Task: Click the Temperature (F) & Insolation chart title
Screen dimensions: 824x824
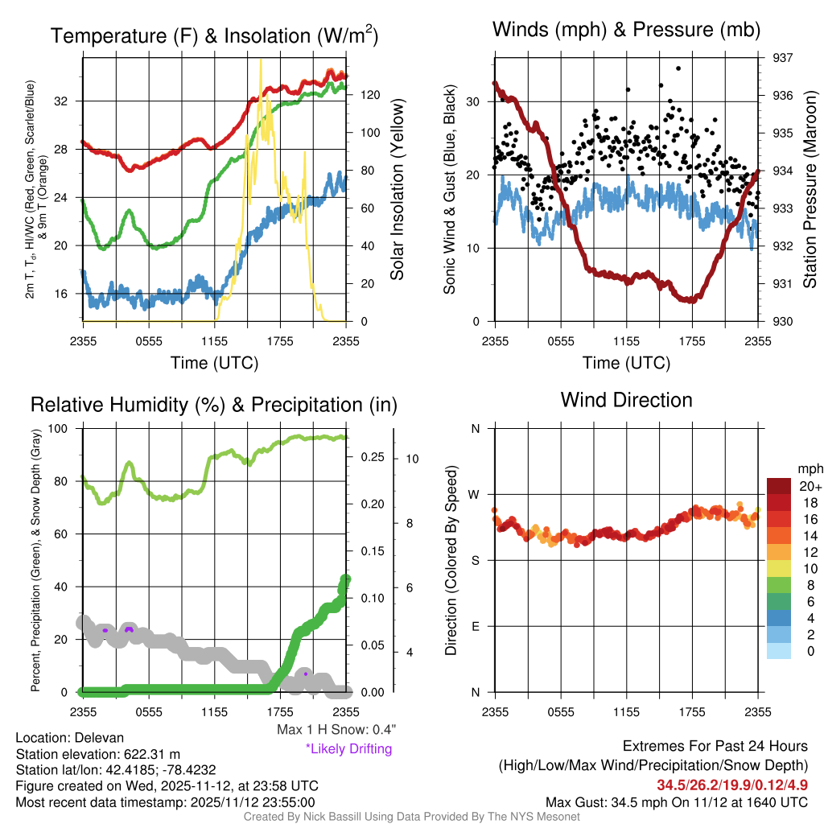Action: pyautogui.click(x=214, y=35)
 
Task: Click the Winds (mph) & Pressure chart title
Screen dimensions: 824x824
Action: pyautogui.click(x=627, y=31)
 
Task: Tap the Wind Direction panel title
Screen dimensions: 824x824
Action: pyautogui.click(x=626, y=400)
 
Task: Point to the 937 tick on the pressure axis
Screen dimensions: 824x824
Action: pyautogui.click(x=783, y=58)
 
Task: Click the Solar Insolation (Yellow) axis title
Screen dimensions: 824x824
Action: pyautogui.click(x=398, y=190)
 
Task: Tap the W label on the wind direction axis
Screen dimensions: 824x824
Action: pyautogui.click(x=475, y=494)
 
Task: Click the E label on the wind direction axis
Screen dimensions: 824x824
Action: pyautogui.click(x=475, y=626)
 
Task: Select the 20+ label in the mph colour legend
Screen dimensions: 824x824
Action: pyautogui.click(x=810, y=487)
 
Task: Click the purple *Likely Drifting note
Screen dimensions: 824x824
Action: pyautogui.click(x=348, y=749)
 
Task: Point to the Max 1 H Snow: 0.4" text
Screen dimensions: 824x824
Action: pyautogui.click(x=336, y=730)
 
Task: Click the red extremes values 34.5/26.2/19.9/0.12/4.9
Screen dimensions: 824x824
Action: pyautogui.click(x=732, y=785)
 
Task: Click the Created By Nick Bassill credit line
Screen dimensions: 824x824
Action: pyautogui.click(x=411, y=817)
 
